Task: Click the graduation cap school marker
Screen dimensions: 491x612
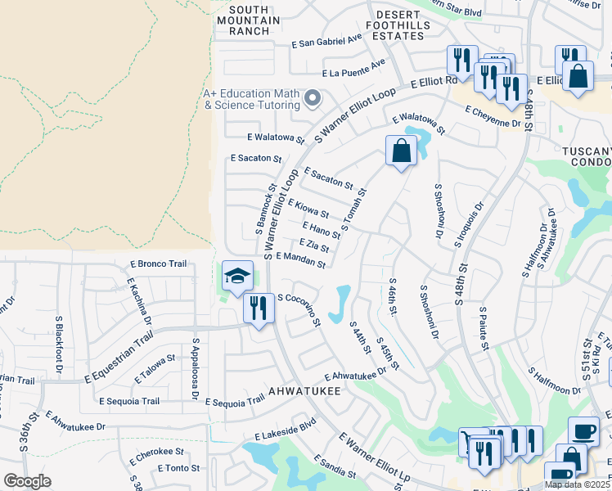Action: point(237,277)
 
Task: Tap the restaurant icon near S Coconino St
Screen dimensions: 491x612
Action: point(259,309)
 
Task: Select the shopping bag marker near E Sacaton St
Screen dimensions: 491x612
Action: point(400,151)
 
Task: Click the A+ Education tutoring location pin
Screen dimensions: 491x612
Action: point(312,99)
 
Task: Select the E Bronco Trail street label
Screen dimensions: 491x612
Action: point(159,264)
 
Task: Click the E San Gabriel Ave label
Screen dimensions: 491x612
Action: point(326,41)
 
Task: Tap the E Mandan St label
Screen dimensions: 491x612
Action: point(301,259)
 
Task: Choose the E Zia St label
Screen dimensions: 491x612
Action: point(314,245)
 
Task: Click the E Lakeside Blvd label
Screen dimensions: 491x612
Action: point(285,429)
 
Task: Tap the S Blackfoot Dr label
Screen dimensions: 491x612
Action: point(59,344)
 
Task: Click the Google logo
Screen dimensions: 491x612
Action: point(27,481)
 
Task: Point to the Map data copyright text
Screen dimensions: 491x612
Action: point(578,484)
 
